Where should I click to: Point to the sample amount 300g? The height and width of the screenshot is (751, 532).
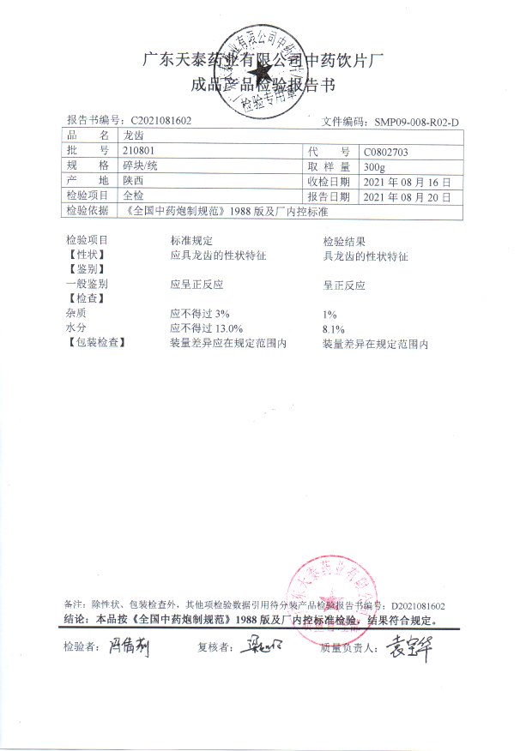pyautogui.click(x=375, y=166)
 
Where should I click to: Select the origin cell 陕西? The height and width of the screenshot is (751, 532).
pyautogui.click(x=135, y=181)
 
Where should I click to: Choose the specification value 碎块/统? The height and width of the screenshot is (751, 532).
pyautogui.click(x=141, y=165)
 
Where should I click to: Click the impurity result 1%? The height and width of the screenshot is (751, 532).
pyautogui.click(x=330, y=315)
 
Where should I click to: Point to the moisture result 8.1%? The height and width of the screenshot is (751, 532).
pyautogui.click(x=333, y=329)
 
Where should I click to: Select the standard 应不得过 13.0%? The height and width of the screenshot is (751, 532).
pyautogui.click(x=207, y=328)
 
